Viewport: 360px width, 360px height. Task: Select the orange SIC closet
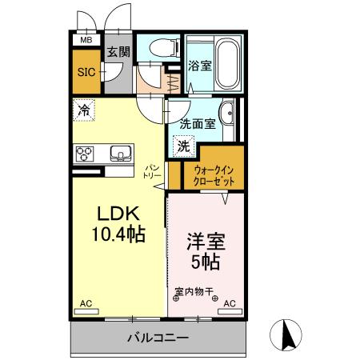[86, 71]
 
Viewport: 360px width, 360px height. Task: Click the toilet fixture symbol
[157, 48]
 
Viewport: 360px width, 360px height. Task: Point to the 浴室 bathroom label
[199, 66]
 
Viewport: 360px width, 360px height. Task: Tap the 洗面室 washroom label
[196, 124]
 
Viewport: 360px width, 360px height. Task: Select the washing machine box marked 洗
[184, 146]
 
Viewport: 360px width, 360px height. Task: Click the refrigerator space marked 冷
[84, 110]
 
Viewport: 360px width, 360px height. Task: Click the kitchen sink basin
[121, 152]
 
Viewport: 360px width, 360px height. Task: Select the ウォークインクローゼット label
[214, 175]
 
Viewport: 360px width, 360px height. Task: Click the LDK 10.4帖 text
[120, 224]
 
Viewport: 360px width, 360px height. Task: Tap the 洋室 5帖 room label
[205, 250]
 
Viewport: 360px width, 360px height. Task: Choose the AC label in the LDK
[86, 304]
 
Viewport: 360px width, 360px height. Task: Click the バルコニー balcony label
[158, 337]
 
